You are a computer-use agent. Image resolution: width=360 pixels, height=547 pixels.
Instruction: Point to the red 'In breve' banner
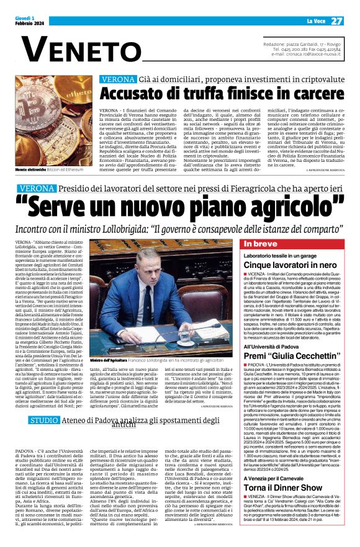coord(261,244)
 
